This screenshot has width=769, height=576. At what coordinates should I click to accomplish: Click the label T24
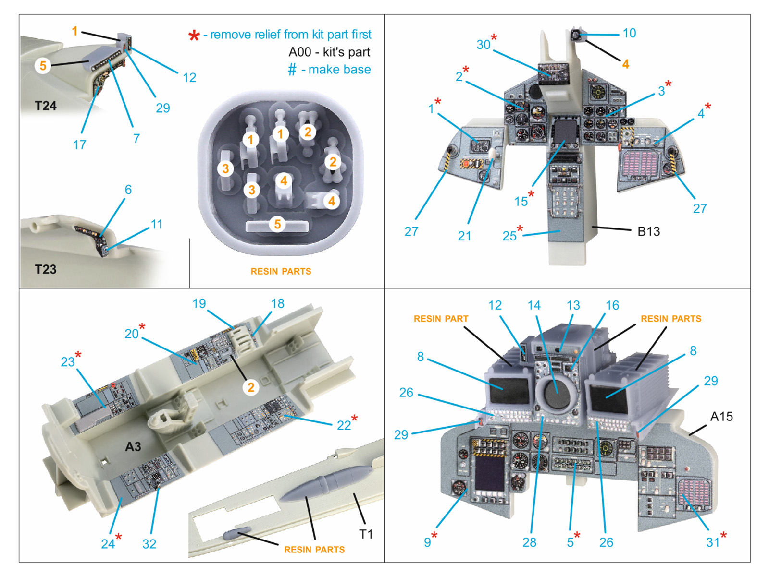[46, 106]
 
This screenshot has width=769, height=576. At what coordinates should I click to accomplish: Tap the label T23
[46, 269]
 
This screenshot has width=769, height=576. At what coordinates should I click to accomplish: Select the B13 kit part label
[648, 231]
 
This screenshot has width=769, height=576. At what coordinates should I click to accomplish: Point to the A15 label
[721, 417]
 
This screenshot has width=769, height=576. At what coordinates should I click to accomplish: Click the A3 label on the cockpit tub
[133, 447]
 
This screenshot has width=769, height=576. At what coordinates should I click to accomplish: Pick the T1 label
[366, 534]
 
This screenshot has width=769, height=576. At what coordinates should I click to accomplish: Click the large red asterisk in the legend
[194, 36]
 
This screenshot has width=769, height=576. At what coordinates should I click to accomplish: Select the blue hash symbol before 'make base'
[292, 70]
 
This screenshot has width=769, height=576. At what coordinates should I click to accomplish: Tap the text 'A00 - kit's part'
[329, 52]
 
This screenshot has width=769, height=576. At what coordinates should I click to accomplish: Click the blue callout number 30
[483, 45]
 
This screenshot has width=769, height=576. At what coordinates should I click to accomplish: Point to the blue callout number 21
[464, 236]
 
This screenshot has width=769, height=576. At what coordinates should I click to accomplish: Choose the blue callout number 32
[149, 544]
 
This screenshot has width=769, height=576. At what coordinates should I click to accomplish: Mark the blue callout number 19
[199, 303]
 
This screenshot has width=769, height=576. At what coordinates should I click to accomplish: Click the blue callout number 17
[79, 144]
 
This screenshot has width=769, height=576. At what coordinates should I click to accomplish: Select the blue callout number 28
[529, 542]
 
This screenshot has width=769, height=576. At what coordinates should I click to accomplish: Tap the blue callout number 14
[533, 305]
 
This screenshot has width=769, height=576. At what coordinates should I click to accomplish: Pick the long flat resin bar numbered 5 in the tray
[277, 225]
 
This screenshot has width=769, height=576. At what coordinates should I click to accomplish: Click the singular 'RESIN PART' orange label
[441, 319]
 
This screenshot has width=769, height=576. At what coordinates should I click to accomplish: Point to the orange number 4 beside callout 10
[625, 64]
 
